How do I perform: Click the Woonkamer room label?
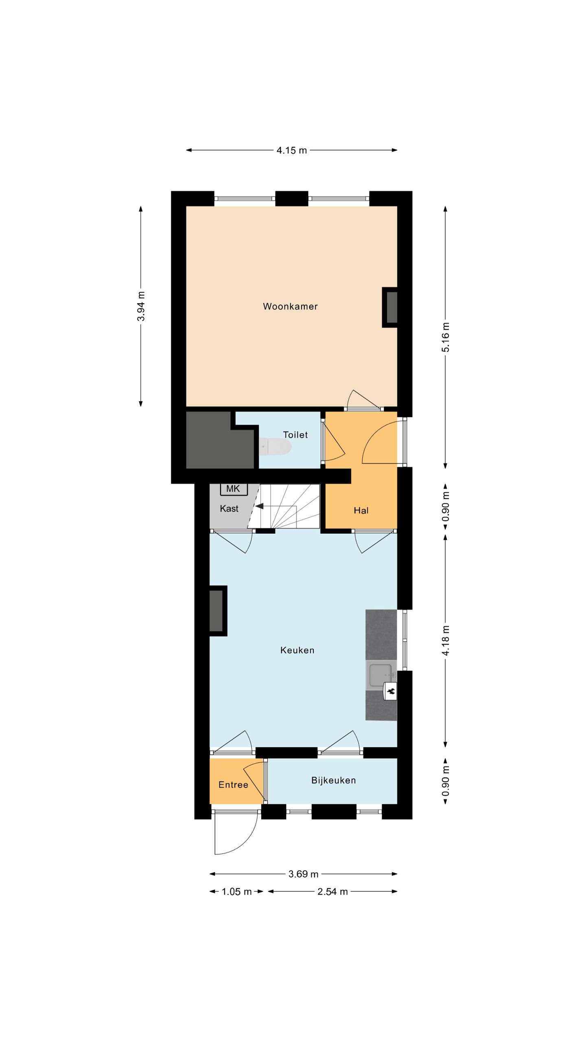290,306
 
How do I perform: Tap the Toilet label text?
295,435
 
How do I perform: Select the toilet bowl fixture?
276,447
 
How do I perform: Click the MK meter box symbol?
234,489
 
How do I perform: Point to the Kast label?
229,508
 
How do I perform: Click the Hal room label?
361,510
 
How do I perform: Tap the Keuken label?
297,650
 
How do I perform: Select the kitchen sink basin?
380,675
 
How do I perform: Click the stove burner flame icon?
391,691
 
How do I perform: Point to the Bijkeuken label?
334,780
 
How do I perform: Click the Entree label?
233,785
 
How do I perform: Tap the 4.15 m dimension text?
292,151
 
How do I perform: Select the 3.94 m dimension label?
141,306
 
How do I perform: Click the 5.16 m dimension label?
446,337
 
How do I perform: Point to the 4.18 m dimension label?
446,640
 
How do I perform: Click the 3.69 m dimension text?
304,874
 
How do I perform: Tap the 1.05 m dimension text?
236,892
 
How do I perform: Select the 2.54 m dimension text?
332,892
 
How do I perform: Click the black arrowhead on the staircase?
259,506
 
